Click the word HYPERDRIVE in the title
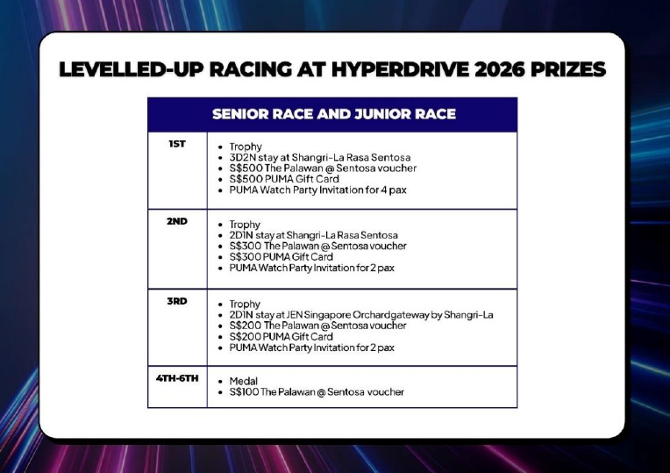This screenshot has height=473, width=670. pyautogui.click(x=401, y=69)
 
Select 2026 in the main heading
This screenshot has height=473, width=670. pyautogui.click(x=500, y=69)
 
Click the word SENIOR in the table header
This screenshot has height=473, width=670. pyautogui.click(x=239, y=114)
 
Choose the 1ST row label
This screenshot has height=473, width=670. pyautogui.click(x=177, y=144)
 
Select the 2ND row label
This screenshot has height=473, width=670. pyautogui.click(x=177, y=221)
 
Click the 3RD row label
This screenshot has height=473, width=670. pyautogui.click(x=177, y=301)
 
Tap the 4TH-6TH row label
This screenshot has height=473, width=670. pyautogui.click(x=177, y=378)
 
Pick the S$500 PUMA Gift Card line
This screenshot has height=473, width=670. pyautogui.click(x=284, y=179)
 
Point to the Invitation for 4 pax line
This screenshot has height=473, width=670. pyautogui.click(x=318, y=190)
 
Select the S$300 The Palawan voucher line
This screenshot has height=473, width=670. pyautogui.click(x=318, y=246)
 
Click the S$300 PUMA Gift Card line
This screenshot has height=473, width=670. pyautogui.click(x=281, y=257)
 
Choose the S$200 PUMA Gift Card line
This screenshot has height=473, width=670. pyautogui.click(x=281, y=337)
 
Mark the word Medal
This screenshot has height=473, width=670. pyautogui.click(x=244, y=381)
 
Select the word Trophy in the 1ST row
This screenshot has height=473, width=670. pyautogui.click(x=246, y=147)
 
